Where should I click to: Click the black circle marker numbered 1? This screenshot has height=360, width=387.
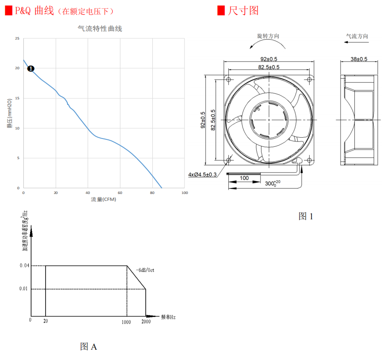click(31, 68)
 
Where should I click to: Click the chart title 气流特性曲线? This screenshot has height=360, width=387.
click(100, 29)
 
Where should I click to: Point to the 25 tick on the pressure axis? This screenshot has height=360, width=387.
click(17, 39)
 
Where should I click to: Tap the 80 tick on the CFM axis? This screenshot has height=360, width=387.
click(152, 193)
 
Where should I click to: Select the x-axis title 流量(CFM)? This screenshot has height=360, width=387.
click(103, 199)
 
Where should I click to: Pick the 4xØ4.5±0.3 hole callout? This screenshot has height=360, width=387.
click(202, 175)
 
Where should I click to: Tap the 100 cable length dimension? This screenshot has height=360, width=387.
click(244, 178)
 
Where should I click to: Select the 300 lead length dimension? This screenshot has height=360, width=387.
click(271, 184)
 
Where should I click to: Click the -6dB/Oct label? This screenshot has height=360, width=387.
click(145, 270)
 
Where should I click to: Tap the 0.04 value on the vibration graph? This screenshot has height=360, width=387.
click(24, 266)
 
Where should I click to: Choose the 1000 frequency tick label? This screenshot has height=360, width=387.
click(126, 322)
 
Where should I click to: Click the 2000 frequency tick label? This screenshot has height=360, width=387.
click(146, 322)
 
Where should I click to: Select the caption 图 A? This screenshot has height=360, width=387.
click(89, 346)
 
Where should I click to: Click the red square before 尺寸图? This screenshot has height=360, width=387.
click(221, 10)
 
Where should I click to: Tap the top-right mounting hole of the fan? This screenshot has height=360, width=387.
click(309, 79)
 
